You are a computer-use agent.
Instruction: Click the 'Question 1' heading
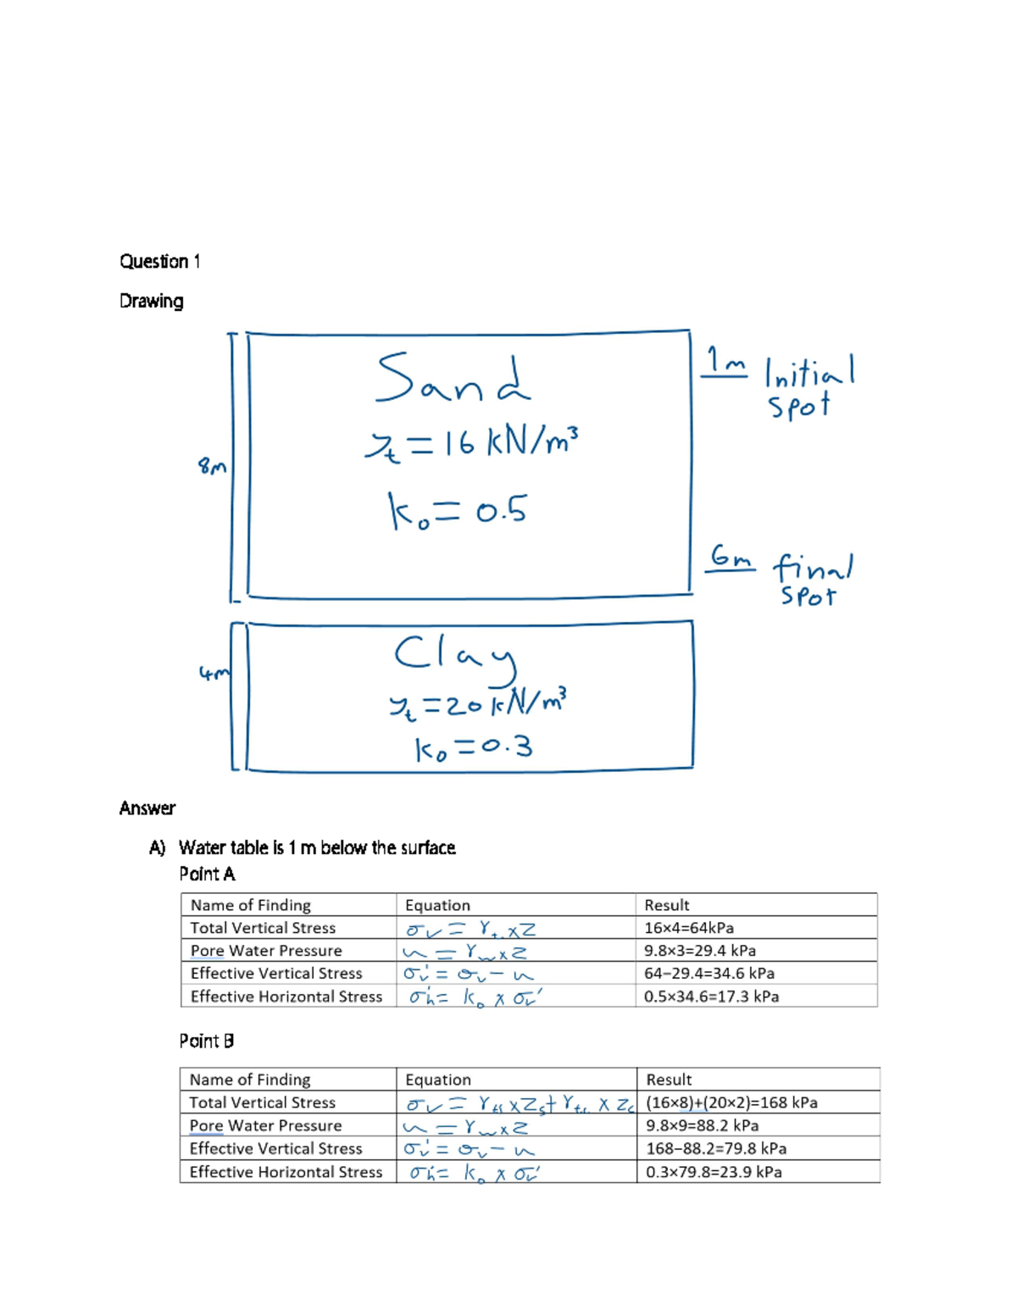159,261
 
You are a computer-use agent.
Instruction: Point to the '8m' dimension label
212,466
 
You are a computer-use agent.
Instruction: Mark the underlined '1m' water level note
725,362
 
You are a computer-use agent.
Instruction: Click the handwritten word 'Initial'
809,371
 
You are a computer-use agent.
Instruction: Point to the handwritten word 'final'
813,567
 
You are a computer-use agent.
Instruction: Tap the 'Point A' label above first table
207,874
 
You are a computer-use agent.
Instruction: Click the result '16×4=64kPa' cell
689,928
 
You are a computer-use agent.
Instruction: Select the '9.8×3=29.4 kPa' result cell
700,951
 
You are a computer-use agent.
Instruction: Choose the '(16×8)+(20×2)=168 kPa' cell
731,1102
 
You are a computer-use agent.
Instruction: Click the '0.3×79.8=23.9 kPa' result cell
714,1172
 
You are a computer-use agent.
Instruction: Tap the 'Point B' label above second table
206,1041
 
